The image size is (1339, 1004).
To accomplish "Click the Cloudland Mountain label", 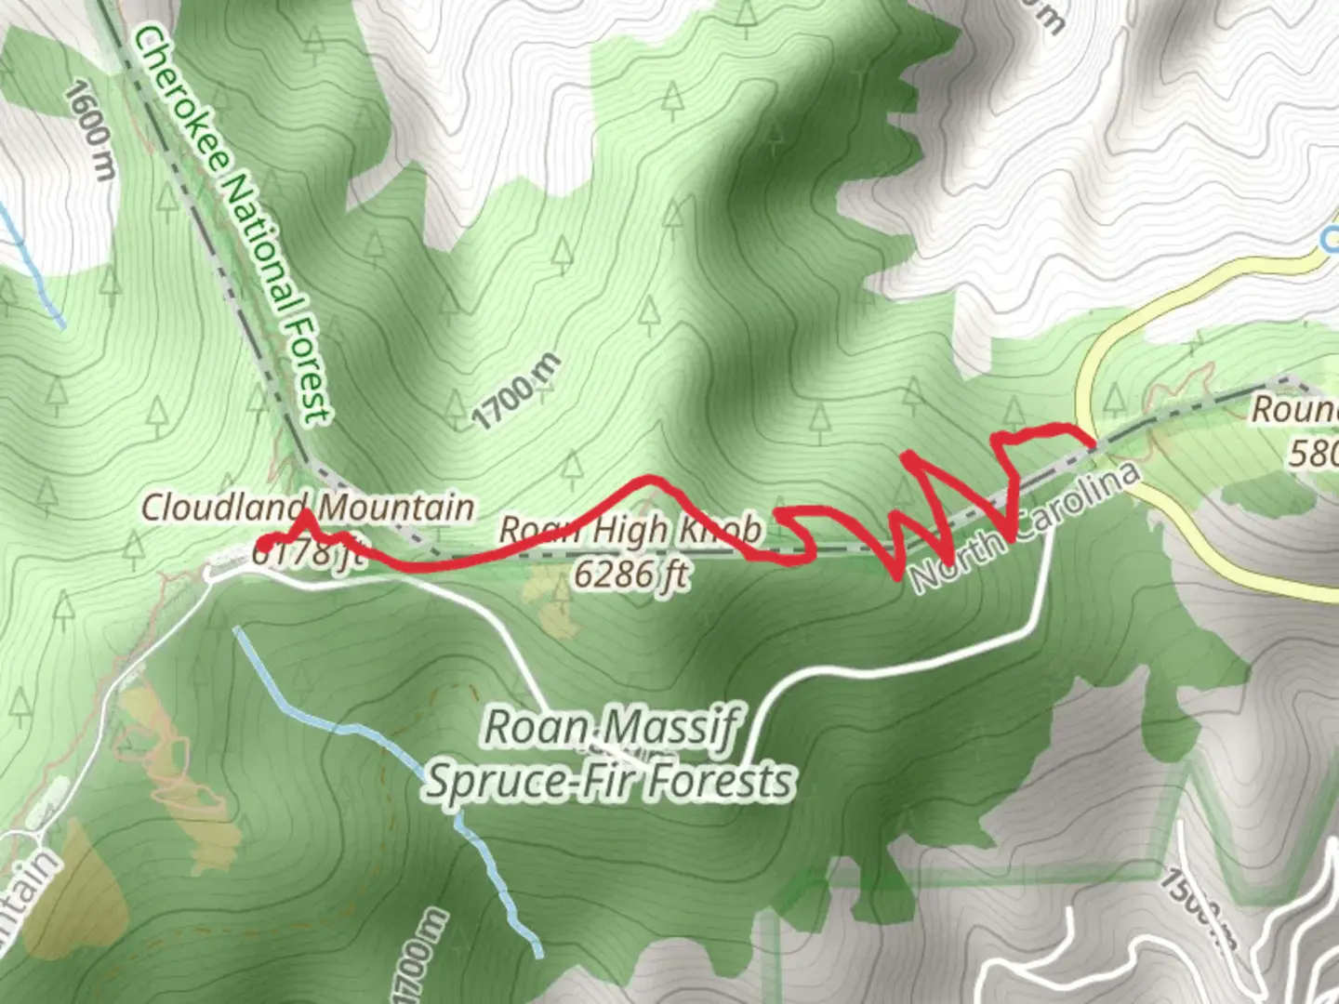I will [x=308, y=508].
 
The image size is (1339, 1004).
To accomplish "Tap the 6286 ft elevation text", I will [x=631, y=574].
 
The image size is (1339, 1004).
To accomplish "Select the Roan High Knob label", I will [x=631, y=531].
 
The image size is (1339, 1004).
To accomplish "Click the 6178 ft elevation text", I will [x=303, y=555].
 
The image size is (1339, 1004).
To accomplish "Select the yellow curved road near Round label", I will [x=1084, y=390].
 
